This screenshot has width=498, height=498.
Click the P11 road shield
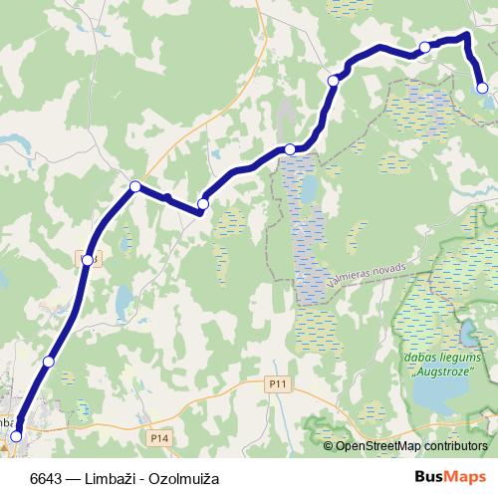tap(277, 382)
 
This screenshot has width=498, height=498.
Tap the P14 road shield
tap(157, 437)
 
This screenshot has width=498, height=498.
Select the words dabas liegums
tap(441, 358)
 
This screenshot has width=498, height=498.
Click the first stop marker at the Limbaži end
tap(15, 436)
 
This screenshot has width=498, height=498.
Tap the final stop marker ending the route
tap(482, 89)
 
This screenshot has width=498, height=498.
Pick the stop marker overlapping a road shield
tap(88, 260)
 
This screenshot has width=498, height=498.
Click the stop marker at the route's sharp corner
tap(135, 185)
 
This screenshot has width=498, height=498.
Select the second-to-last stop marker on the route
tap(424, 47)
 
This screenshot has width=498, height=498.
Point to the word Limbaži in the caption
tap(113, 476)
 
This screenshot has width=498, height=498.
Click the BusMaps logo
tap(453, 475)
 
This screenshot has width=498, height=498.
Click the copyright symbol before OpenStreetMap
tap(329, 446)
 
